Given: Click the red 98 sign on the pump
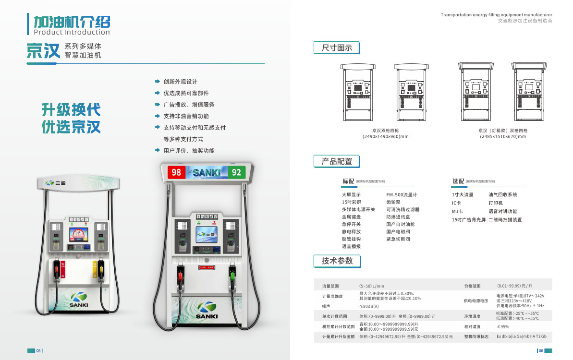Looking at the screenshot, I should coord(176,172).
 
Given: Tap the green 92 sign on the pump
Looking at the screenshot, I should coord(236,172).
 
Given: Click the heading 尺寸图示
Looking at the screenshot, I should coord(337,48).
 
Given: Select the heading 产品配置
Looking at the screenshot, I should coord(337,162).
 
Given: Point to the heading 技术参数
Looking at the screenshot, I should coord(337,261).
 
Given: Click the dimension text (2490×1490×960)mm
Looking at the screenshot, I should coord(385,137).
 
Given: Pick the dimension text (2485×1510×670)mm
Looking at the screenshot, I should coord(503,137).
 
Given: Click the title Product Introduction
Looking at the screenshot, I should coord(72,33).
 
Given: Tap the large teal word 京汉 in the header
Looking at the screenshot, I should coord(43,51).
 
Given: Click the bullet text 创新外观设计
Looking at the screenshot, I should coord(180,82).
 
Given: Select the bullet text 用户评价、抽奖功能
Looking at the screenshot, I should coord(189,151).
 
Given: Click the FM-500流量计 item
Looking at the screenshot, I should coord(402,195).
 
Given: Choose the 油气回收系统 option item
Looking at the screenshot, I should coord(503,195).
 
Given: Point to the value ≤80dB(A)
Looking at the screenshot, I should coord(369,306).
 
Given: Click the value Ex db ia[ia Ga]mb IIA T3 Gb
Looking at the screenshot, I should coord(521,336).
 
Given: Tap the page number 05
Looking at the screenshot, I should coord(38,351).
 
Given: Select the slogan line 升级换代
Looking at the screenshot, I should coord(71,110).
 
